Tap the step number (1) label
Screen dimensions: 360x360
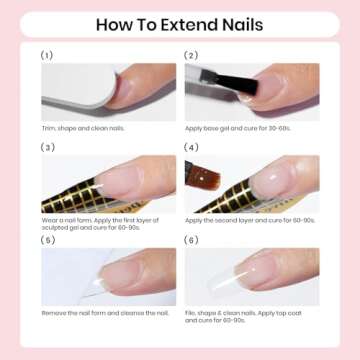click(47, 55)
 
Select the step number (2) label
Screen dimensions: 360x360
click(190, 55)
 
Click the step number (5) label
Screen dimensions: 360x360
click(47, 239)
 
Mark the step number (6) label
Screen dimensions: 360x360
click(190, 239)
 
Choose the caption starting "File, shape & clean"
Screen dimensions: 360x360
click(250, 315)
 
